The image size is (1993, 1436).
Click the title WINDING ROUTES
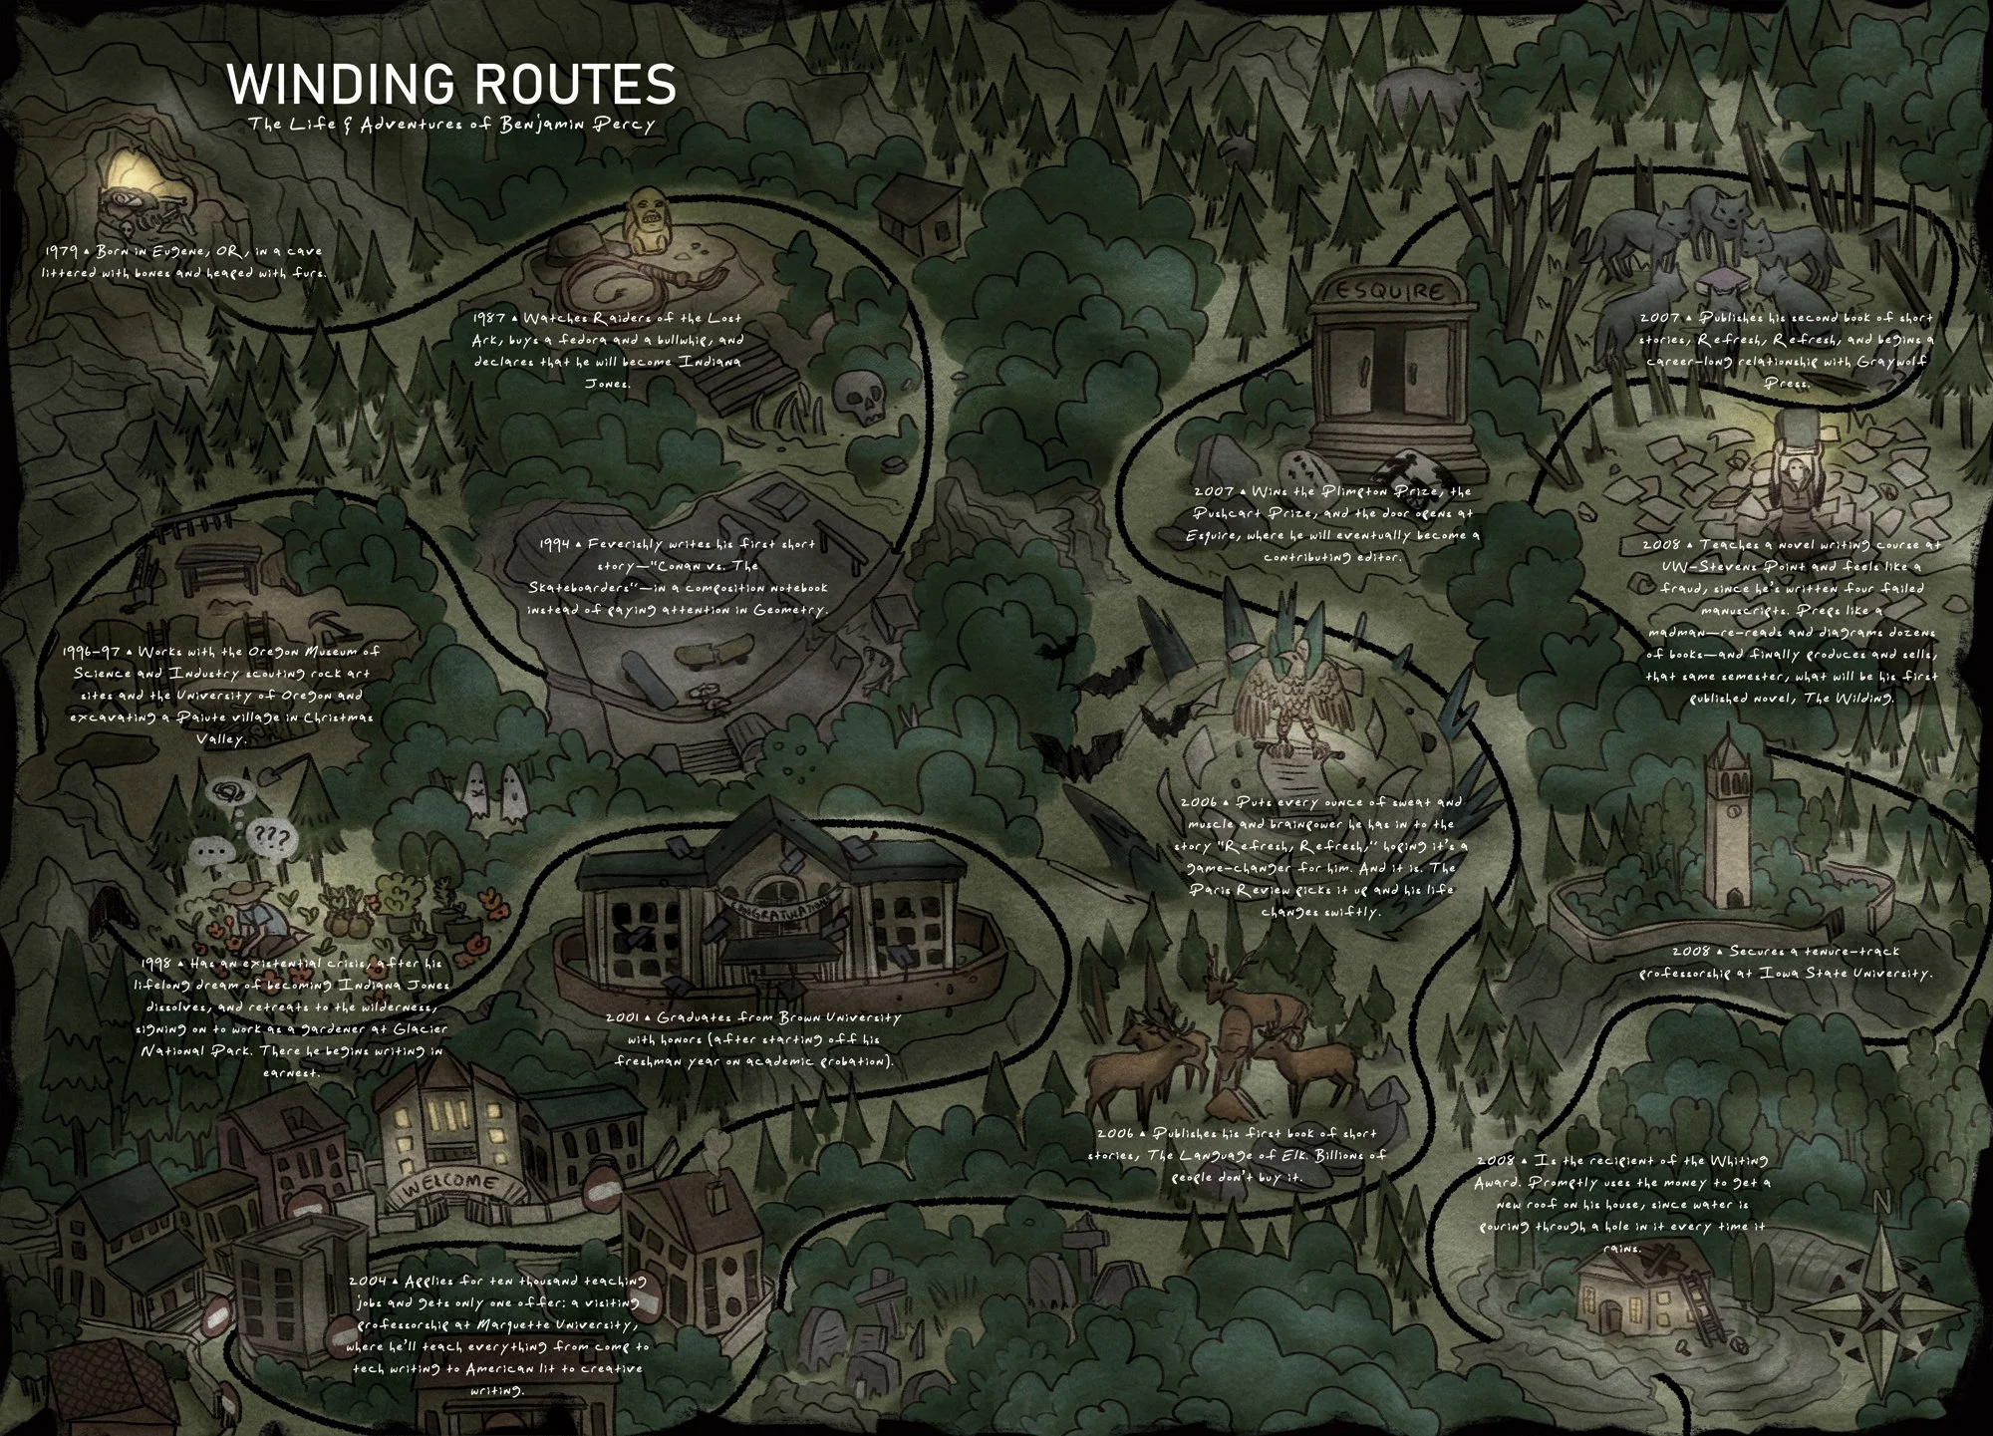pos(451,85)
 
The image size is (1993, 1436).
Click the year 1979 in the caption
pos(63,251)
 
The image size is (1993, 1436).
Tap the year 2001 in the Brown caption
pos(625,1017)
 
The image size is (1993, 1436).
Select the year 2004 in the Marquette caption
pos(368,1281)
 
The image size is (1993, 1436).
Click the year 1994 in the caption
pos(554,544)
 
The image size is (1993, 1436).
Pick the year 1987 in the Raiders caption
pos(489,318)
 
